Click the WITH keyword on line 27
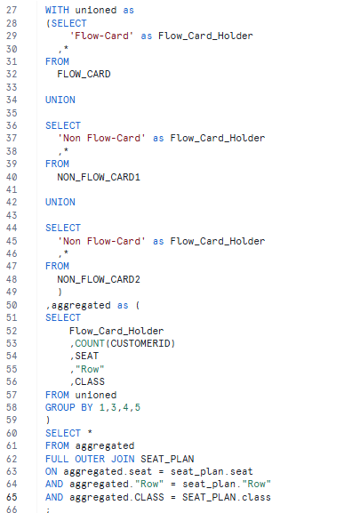pyautogui.click(x=57, y=10)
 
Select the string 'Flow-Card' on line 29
pyautogui.click(x=101, y=36)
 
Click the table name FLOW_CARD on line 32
pyautogui.click(x=84, y=75)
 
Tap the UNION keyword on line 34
pyautogui.click(x=60, y=100)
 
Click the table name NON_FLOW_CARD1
pyautogui.click(x=99, y=177)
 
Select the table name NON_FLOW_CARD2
pyautogui.click(x=99, y=279)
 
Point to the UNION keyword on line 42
pyautogui.click(x=60, y=202)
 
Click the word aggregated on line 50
pyautogui.click(x=81, y=305)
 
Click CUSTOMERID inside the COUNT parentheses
pyautogui.click(x=140, y=343)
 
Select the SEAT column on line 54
pyautogui.click(x=86, y=356)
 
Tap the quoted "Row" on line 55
pyautogui.click(x=90, y=369)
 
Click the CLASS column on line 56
pyautogui.click(x=90, y=381)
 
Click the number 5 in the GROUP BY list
pyautogui.click(x=137, y=407)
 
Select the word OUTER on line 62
pyautogui.click(x=90, y=459)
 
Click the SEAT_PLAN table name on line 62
pyautogui.click(x=167, y=459)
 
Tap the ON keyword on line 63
pyautogui.click(x=51, y=471)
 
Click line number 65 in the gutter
pyautogui.click(x=12, y=497)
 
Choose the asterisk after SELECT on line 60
pyautogui.click(x=90, y=432)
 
